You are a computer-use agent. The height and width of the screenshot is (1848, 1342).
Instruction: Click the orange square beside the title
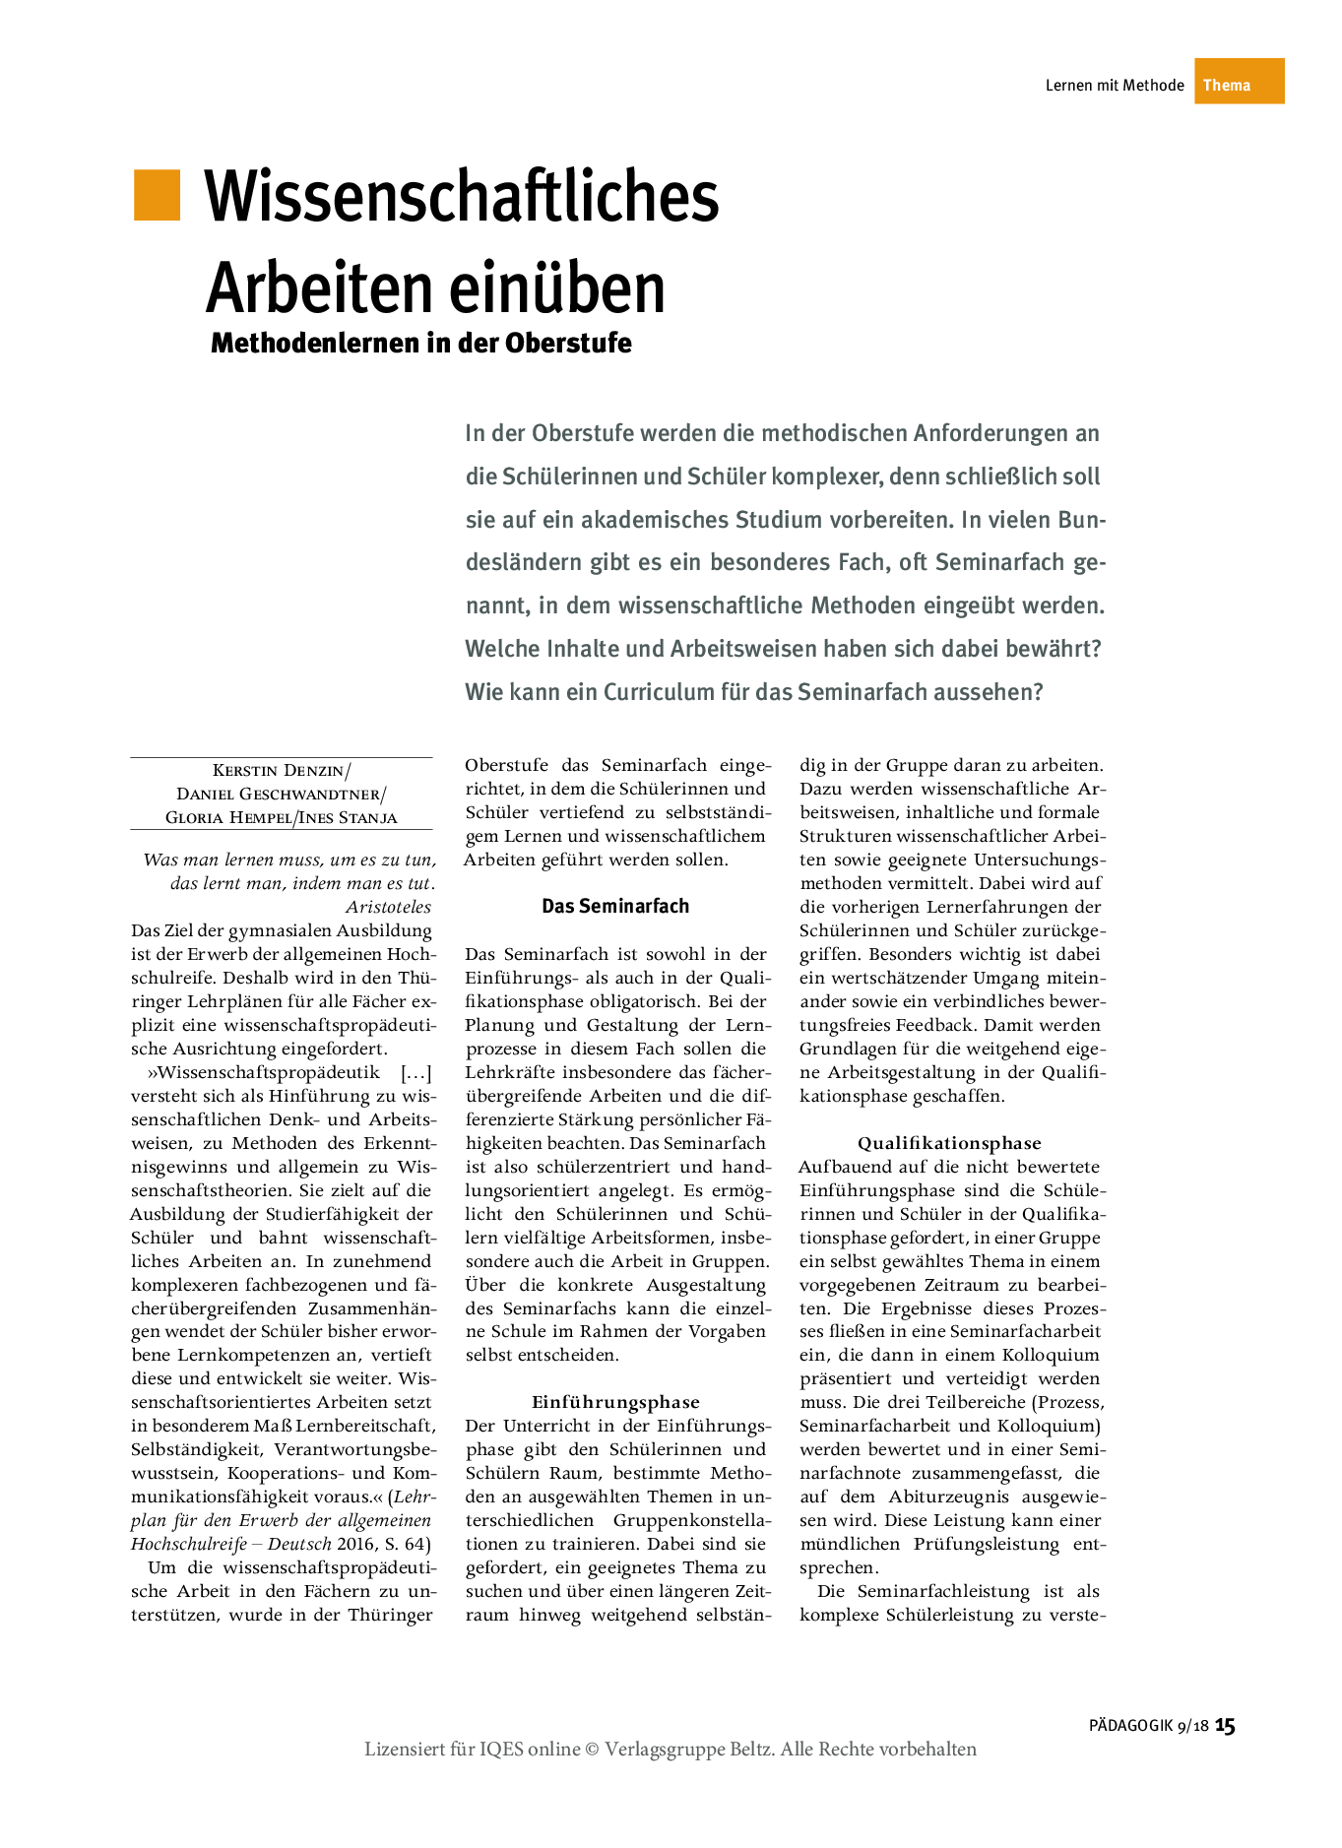[x=158, y=195]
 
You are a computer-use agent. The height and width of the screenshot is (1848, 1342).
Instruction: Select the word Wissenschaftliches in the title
[x=462, y=197]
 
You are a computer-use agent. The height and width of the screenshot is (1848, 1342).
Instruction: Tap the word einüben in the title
[x=557, y=287]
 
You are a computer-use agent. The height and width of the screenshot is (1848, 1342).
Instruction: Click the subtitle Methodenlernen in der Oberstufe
[x=420, y=344]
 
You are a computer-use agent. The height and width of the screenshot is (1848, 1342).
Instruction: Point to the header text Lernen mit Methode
[x=1114, y=86]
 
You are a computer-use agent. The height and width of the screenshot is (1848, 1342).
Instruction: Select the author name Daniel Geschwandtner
[x=280, y=795]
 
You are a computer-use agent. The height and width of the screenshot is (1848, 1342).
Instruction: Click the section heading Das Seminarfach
[x=615, y=907]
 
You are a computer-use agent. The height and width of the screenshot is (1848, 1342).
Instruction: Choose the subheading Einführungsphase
[x=615, y=1403]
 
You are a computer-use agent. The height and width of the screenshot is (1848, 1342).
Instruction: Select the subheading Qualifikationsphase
[x=949, y=1144]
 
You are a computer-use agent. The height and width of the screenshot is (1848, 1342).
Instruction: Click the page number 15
[x=1225, y=1726]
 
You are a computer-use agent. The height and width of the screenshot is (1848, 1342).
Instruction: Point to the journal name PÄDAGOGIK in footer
[x=1130, y=1726]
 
